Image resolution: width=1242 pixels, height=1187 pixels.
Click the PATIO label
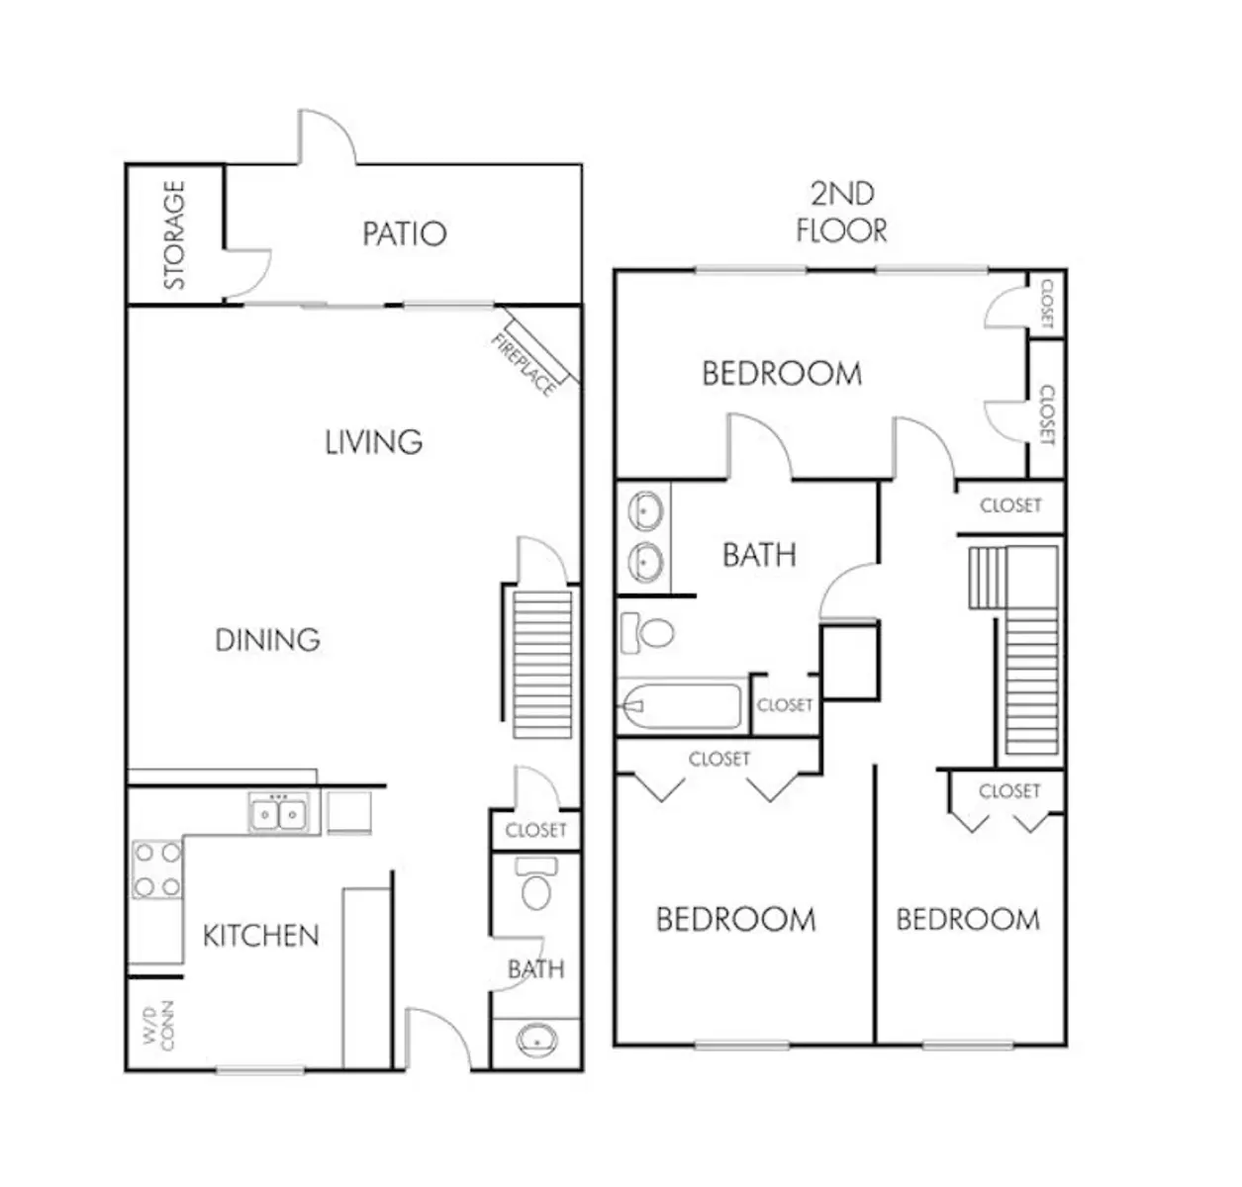(x=404, y=233)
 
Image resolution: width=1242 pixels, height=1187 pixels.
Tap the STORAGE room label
(x=174, y=234)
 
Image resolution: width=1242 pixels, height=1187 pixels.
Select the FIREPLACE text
(x=524, y=365)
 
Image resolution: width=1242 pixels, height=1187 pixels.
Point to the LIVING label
(x=374, y=442)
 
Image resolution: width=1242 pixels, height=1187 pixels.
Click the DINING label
(x=267, y=640)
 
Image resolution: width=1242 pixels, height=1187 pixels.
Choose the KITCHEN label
(x=261, y=936)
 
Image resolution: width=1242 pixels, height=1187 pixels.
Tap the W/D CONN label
(x=158, y=1025)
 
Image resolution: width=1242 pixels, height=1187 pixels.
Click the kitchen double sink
(x=278, y=812)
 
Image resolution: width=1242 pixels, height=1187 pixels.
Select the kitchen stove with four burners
(x=157, y=869)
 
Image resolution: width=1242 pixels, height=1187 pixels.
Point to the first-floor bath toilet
(x=536, y=883)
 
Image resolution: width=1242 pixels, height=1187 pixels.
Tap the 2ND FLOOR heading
(x=842, y=213)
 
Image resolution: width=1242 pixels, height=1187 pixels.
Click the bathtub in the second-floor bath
(x=680, y=706)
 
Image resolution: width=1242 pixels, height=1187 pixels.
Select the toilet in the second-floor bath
(x=647, y=633)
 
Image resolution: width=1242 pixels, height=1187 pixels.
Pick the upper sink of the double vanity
(x=645, y=510)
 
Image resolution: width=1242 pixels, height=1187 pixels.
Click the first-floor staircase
(x=542, y=664)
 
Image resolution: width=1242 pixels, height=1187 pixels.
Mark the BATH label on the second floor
(x=759, y=555)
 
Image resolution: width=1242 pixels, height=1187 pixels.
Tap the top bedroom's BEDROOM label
(x=782, y=374)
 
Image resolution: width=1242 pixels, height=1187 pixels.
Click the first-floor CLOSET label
(x=536, y=830)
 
